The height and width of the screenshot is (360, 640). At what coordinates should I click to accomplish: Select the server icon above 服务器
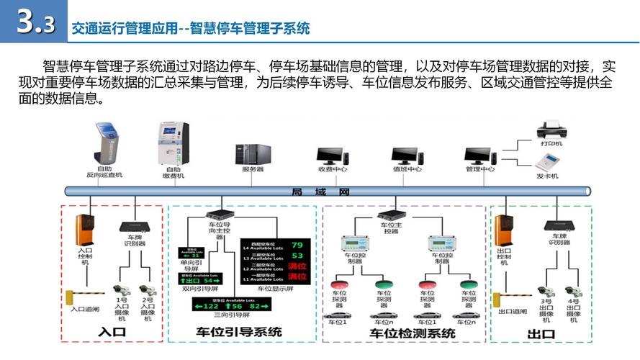[x=253, y=153]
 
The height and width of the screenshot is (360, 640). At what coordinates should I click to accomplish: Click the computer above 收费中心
[x=333, y=155]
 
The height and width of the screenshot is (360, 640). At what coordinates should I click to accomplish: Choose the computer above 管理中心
[x=479, y=155]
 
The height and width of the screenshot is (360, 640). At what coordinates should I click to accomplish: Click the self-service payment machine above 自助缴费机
[x=173, y=143]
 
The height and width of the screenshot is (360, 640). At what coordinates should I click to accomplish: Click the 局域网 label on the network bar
[x=320, y=192]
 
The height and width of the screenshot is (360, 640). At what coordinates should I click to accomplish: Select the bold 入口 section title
[x=112, y=333]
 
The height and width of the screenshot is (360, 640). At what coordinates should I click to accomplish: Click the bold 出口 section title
[x=541, y=333]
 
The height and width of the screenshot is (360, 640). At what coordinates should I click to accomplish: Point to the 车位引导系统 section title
[x=239, y=332]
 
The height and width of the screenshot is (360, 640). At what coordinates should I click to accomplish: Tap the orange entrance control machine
[x=86, y=230]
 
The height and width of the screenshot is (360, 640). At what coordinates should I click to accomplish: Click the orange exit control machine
[x=504, y=230]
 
